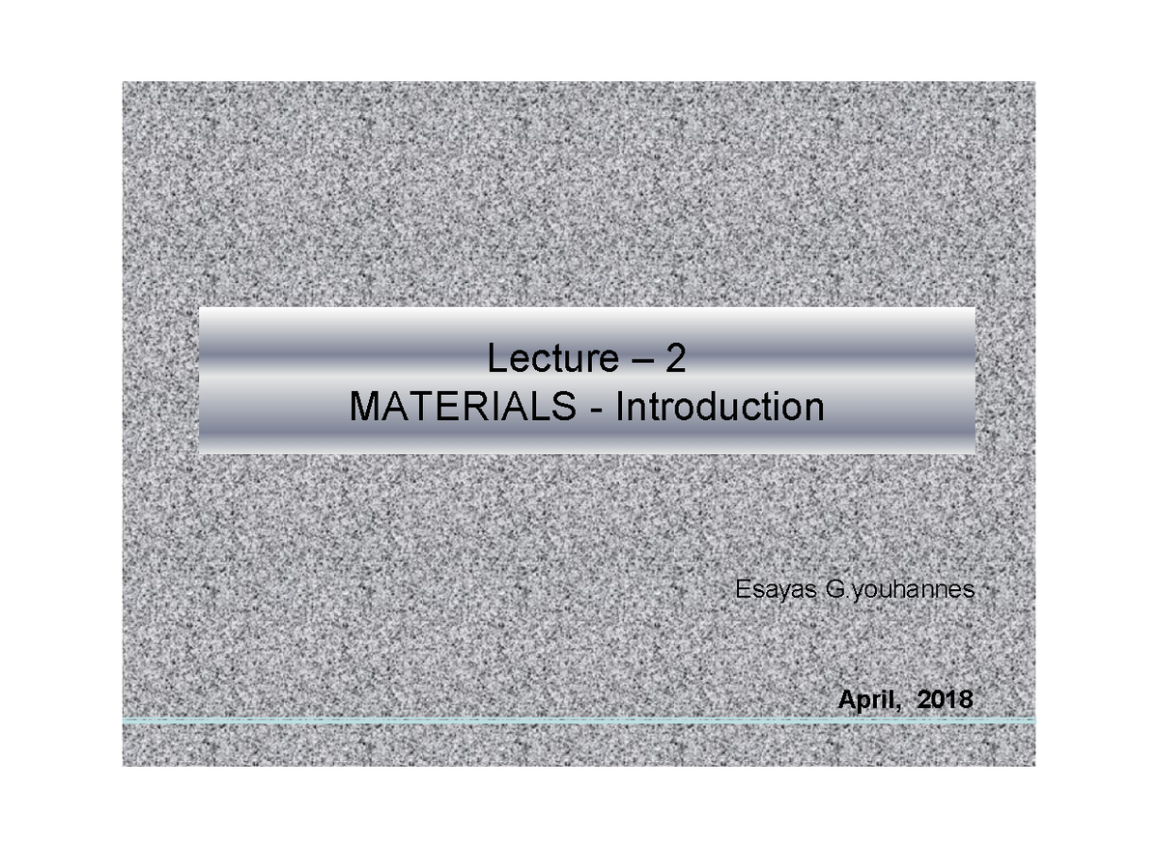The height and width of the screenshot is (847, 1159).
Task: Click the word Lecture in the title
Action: click(x=551, y=360)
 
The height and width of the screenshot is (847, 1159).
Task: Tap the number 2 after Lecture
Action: click(x=674, y=360)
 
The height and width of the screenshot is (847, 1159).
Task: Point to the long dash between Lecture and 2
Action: click(x=638, y=362)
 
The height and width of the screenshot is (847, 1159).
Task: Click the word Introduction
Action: click(x=720, y=408)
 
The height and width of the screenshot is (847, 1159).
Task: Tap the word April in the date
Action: click(x=866, y=701)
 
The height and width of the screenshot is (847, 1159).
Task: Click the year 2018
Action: click(x=946, y=701)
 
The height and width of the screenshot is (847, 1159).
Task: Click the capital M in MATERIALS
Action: click(x=365, y=408)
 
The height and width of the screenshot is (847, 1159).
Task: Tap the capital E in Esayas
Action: click(x=742, y=589)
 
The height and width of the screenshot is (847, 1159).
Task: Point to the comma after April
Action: click(x=897, y=708)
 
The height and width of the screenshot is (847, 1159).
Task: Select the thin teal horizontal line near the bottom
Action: click(x=579, y=720)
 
